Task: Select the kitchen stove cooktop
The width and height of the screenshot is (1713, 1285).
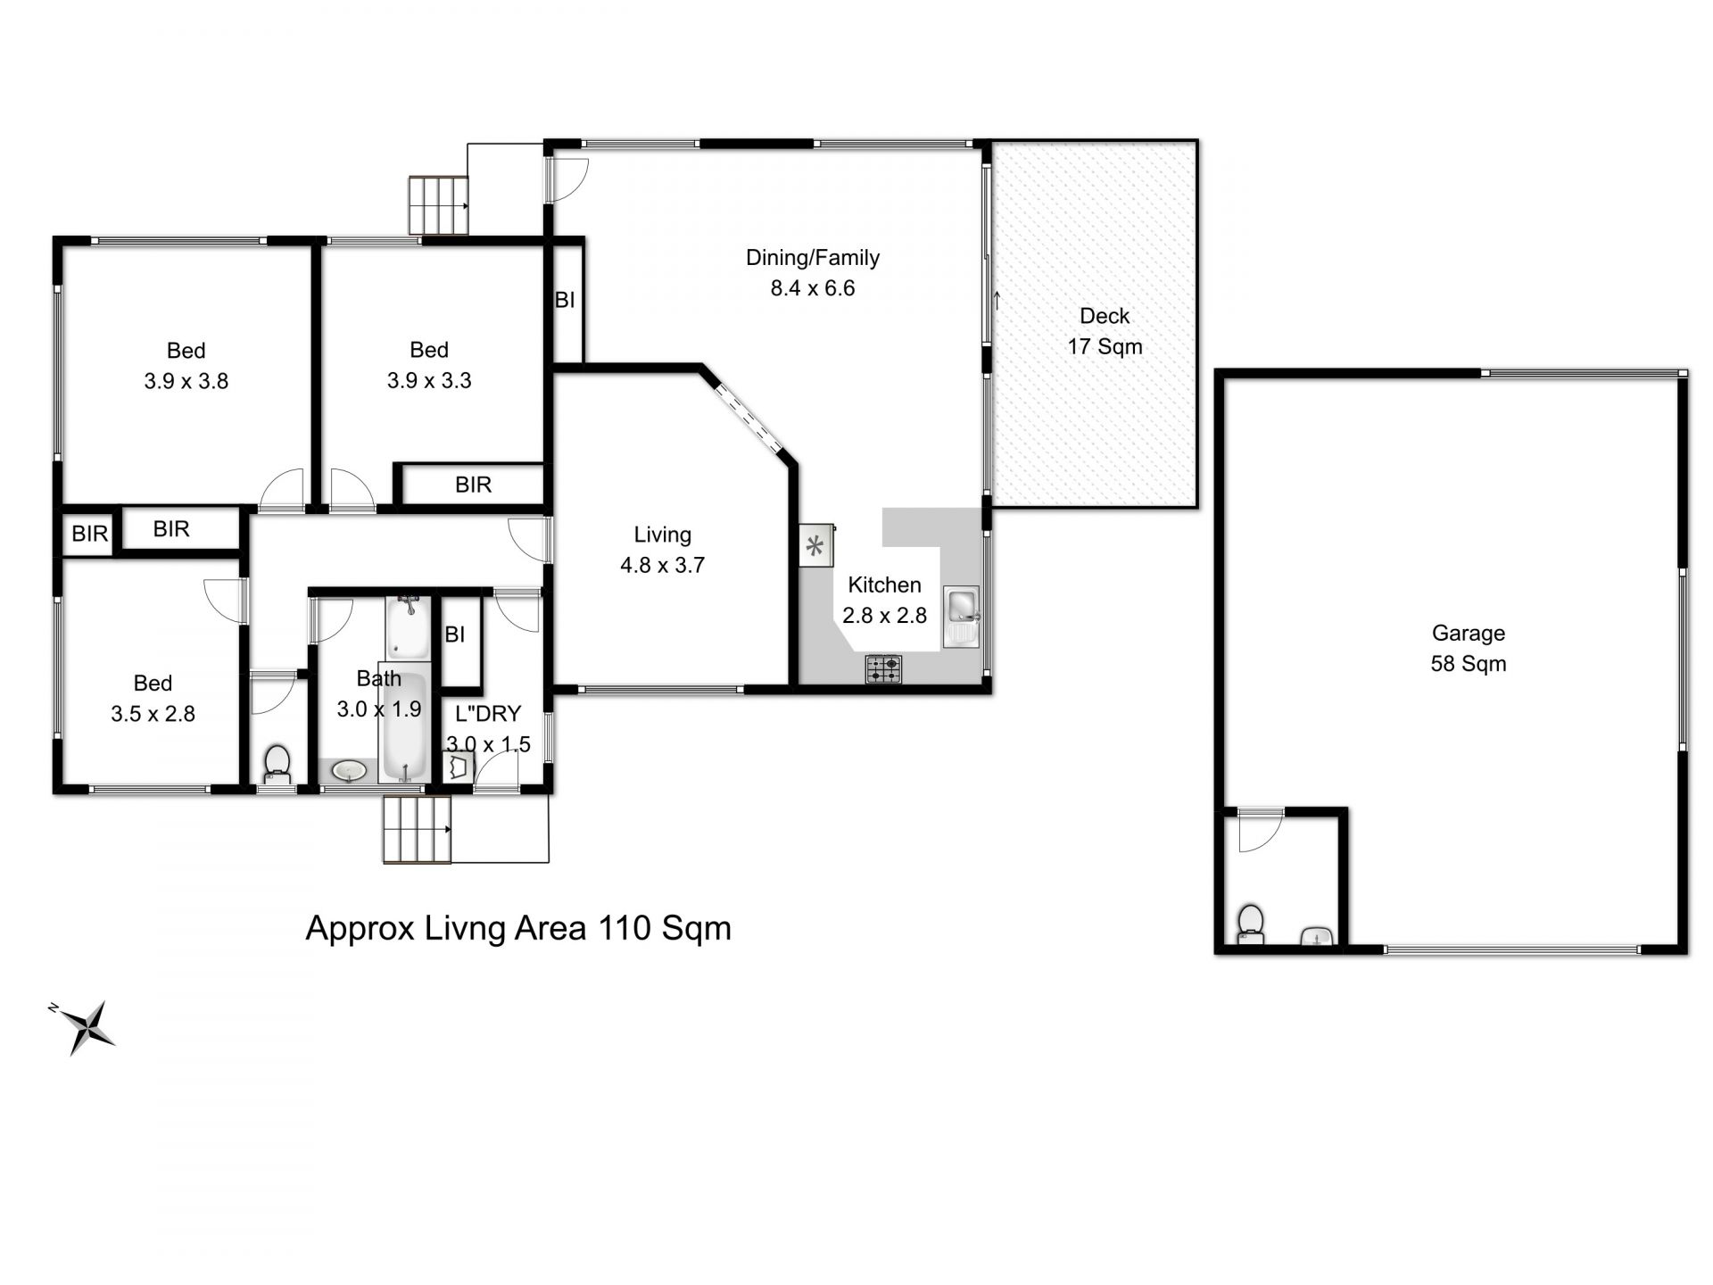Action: pos(883,668)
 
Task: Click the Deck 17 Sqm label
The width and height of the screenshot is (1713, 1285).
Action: pos(1105,331)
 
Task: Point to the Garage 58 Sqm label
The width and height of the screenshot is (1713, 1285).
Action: pos(1469,648)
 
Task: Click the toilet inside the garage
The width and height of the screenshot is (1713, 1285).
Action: pos(1251,924)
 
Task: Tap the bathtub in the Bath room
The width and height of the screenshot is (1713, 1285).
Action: pos(408,723)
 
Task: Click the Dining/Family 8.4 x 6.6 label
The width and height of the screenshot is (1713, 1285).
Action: pos(813,272)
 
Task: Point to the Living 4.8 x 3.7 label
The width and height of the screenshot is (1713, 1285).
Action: pos(662,550)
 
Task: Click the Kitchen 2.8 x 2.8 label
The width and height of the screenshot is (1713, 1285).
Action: pos(884,600)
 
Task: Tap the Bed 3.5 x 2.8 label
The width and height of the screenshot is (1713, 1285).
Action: pos(153,698)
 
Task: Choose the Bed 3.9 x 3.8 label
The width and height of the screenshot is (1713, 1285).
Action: pos(186,366)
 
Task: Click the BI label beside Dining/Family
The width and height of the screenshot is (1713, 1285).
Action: pos(565,300)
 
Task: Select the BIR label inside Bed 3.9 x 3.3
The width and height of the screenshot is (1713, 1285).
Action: pos(473,485)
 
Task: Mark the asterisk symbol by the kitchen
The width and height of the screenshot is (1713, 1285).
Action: pos(815,546)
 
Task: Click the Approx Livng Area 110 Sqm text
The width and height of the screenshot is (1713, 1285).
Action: pos(518,928)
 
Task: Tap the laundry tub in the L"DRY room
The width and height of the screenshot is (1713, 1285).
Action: pos(459,767)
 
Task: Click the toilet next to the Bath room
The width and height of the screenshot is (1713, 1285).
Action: pos(277,765)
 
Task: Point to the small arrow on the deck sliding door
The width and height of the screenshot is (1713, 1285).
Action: pos(997,301)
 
